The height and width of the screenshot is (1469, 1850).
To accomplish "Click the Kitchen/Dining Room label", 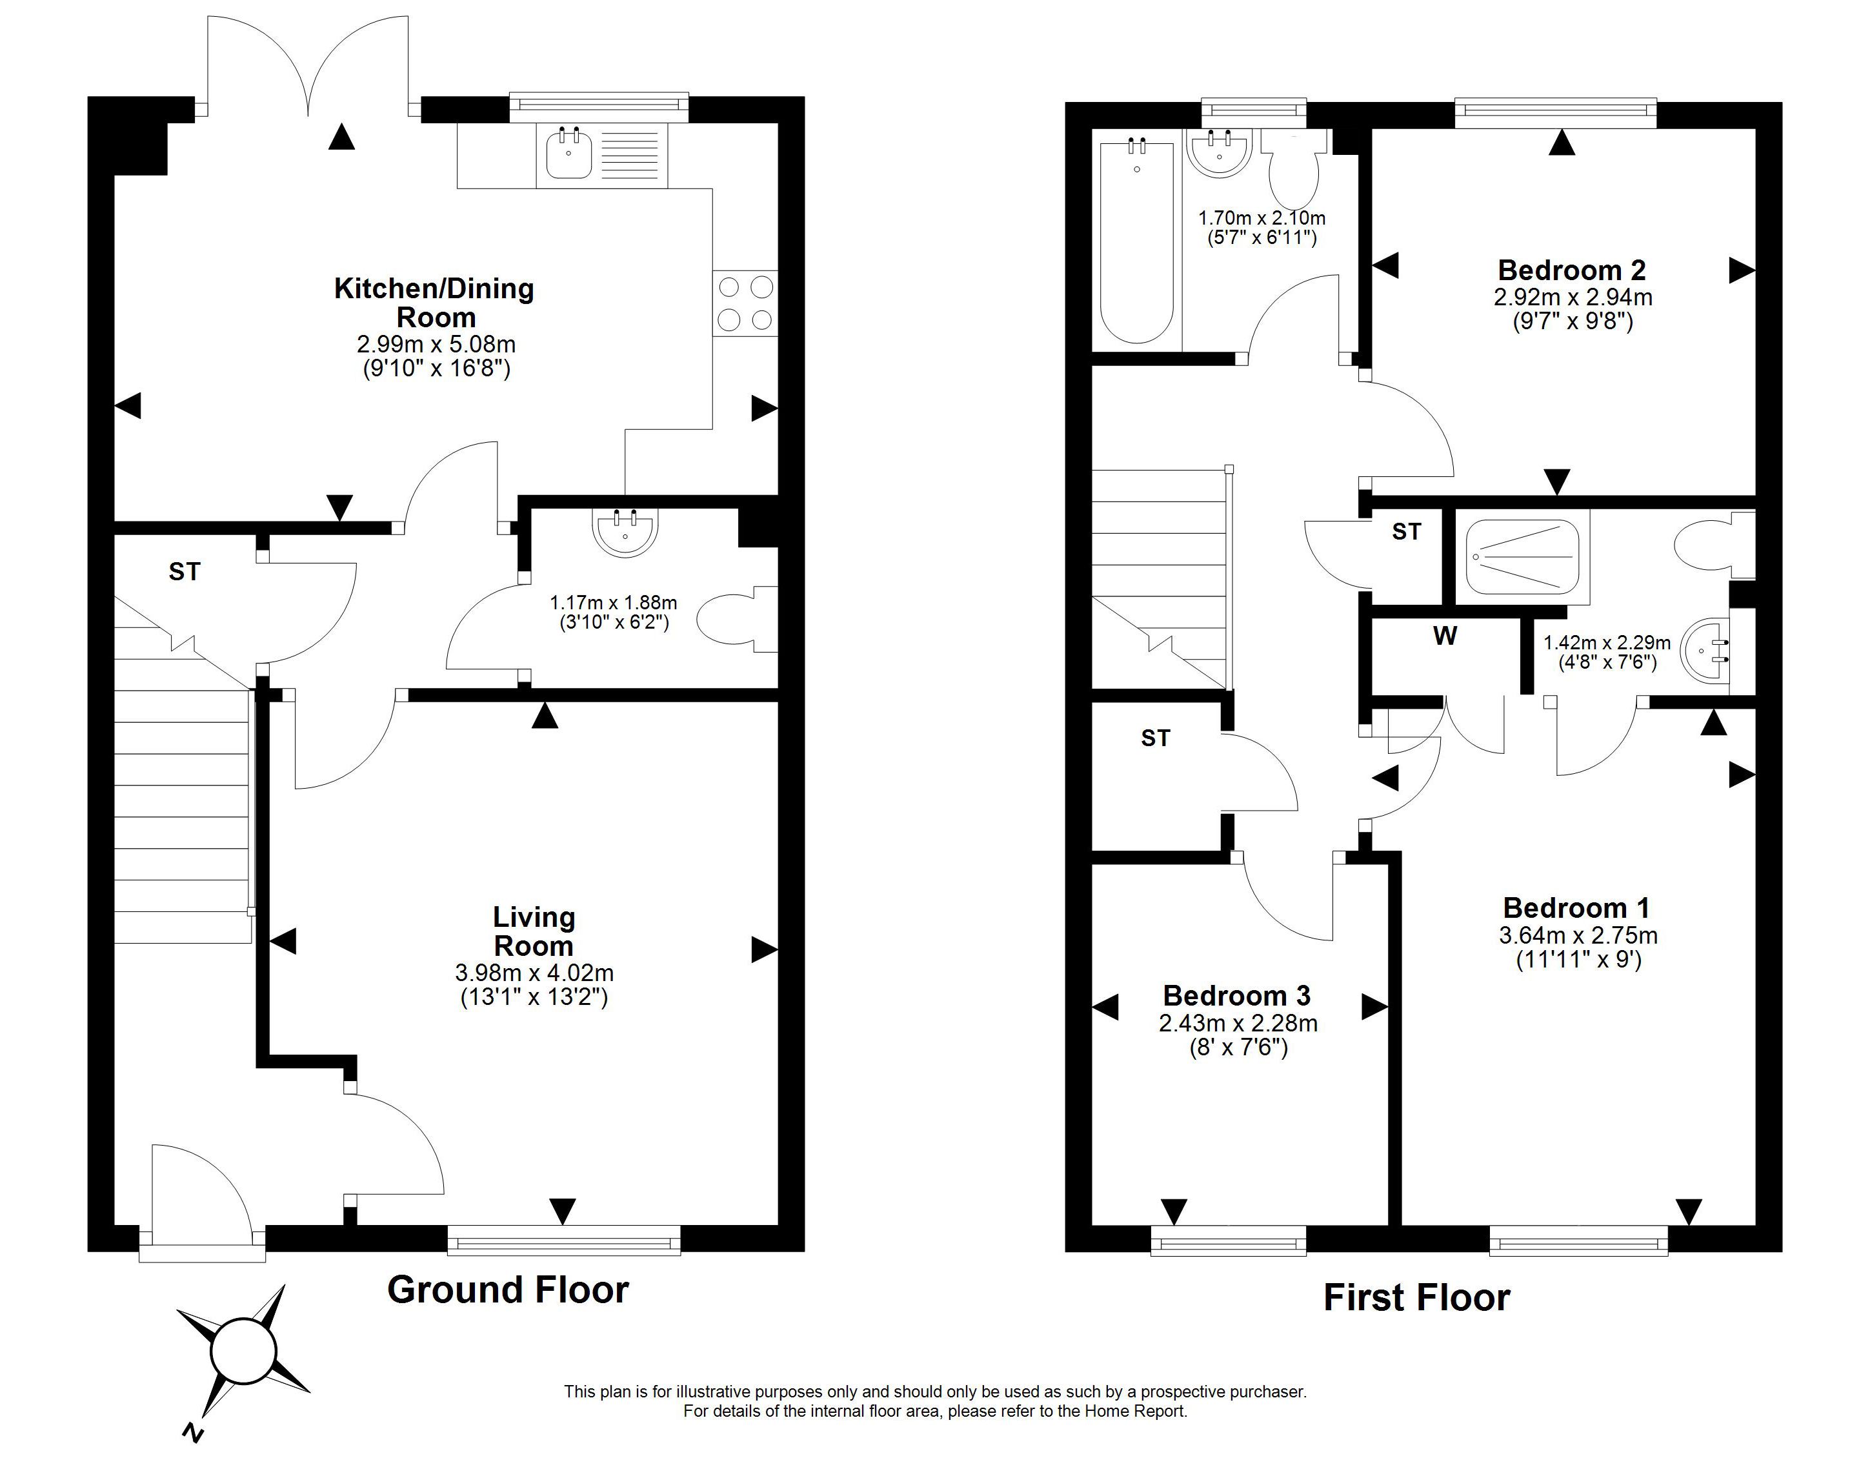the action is tap(434, 302).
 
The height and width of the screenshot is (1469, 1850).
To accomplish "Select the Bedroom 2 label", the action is tap(1572, 270).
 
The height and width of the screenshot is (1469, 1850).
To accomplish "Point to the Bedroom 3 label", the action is tap(1236, 995).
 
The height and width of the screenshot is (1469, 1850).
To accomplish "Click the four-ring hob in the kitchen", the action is tap(745, 303).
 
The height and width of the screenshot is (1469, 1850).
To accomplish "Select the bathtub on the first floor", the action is tap(1137, 240).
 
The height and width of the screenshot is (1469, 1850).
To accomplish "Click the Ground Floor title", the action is tap(508, 1290).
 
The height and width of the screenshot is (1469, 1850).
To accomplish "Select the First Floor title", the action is tap(1416, 1297).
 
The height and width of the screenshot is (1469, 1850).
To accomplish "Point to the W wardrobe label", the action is tap(1445, 636).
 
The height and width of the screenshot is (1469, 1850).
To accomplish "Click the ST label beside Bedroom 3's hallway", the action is tap(1155, 738).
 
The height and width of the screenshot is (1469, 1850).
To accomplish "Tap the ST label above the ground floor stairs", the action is tap(185, 571).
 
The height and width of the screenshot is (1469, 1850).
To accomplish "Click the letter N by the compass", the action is tap(193, 1432).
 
